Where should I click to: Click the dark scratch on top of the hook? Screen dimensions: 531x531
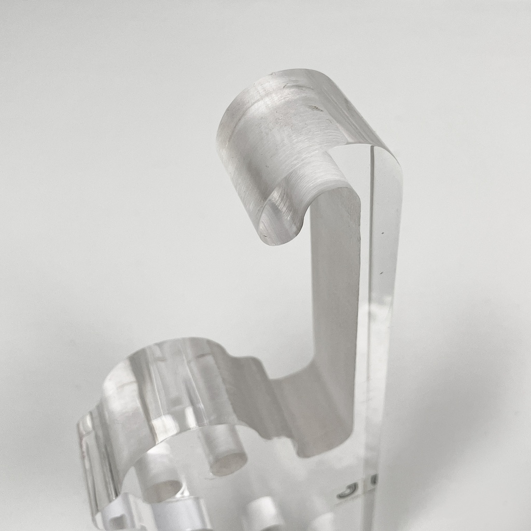pyautogui.click(x=314, y=108)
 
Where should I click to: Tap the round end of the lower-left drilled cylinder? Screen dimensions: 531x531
pyautogui.click(x=166, y=491)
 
